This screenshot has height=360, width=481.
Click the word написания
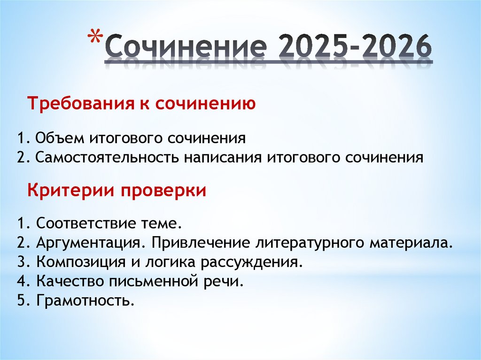pos(223,157)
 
